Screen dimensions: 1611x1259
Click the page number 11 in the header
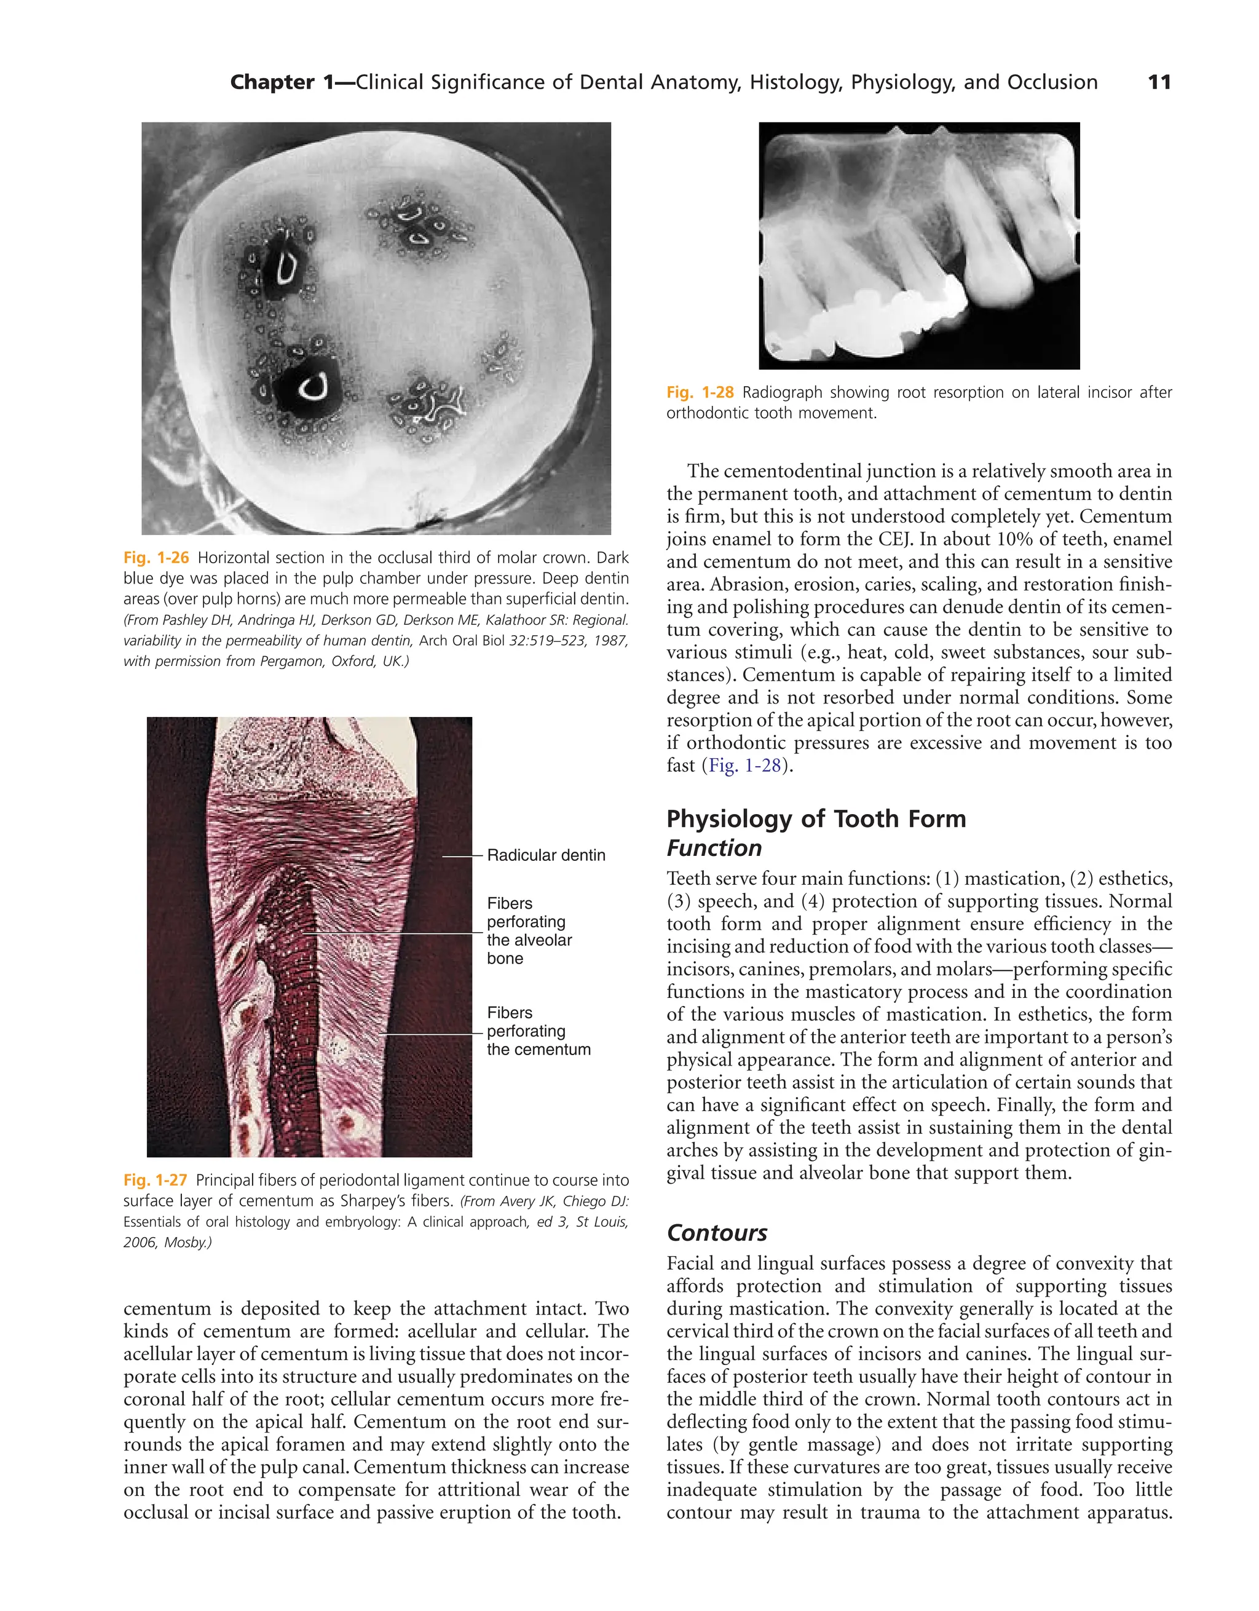[1159, 82]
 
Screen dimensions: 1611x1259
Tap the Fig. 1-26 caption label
[156, 558]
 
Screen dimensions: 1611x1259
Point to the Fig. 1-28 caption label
[699, 392]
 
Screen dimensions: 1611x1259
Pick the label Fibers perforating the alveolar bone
[529, 931]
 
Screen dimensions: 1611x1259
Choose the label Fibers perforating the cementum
[538, 1031]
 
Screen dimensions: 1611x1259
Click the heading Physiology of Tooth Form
[816, 819]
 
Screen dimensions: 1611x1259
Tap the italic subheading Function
[713, 849]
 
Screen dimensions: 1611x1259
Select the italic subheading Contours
[716, 1233]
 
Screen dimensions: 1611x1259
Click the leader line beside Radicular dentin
[462, 856]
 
